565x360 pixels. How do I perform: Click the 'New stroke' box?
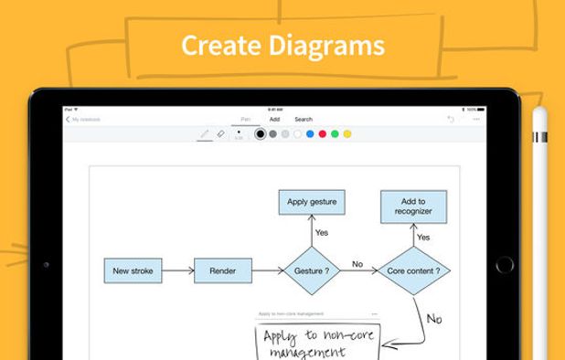tap(133, 270)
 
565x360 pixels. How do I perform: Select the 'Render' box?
tap(222, 270)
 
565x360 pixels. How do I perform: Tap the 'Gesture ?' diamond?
tap(312, 270)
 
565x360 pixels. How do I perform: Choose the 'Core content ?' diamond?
tap(413, 270)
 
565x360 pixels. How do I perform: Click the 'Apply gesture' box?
tap(312, 202)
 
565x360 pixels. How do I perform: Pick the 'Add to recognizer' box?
tap(413, 206)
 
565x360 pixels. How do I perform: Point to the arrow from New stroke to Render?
tap(178, 270)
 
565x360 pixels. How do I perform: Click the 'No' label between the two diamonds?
tap(357, 264)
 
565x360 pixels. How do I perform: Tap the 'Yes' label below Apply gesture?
tap(322, 233)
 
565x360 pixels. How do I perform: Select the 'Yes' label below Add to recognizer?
tap(423, 237)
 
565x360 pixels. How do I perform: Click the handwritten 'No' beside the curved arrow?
tap(434, 319)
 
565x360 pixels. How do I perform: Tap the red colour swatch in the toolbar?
tap(322, 134)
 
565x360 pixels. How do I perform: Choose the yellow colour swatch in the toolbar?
tap(347, 134)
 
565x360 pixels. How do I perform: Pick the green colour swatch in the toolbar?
tap(335, 134)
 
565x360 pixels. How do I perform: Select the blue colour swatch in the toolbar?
tap(310, 134)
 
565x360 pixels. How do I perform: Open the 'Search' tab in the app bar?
tap(304, 119)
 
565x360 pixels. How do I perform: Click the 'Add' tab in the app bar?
tap(274, 119)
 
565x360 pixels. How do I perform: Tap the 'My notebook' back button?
tap(83, 119)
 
